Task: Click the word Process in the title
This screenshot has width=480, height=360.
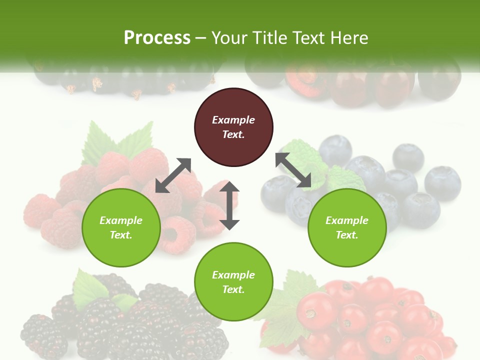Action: pos(157,38)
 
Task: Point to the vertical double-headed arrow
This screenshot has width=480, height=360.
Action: pos(229,205)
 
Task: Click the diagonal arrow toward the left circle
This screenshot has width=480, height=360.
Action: pos(173,175)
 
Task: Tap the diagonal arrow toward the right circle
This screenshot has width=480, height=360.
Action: pos(293,170)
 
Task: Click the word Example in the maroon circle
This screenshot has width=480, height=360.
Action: pos(233,120)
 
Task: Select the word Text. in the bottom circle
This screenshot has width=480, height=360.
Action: pos(233,289)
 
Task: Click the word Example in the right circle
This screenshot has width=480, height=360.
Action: pos(347,220)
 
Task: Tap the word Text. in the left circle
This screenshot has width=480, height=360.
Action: pos(121,235)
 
